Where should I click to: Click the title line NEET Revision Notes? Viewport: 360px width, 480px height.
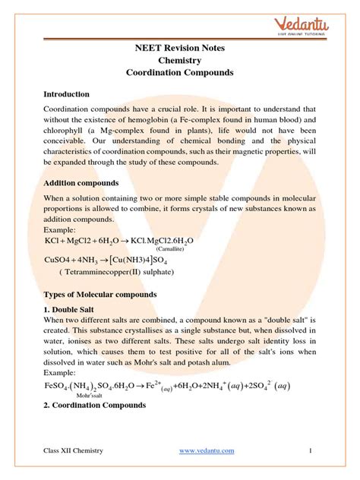180,48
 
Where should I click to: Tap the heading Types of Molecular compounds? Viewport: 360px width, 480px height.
99,294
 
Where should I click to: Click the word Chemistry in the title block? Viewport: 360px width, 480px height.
180,60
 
